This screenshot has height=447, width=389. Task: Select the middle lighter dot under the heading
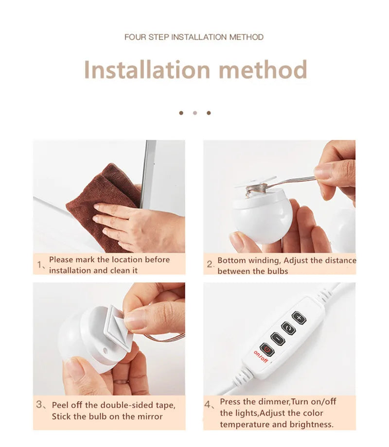(x=195, y=113)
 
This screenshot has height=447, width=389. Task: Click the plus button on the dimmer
(x=299, y=318)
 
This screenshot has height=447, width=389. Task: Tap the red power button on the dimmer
(x=267, y=348)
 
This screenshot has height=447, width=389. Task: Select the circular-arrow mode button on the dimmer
(x=288, y=328)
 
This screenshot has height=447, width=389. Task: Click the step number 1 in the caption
(x=40, y=265)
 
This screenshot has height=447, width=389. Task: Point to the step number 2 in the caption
(x=210, y=265)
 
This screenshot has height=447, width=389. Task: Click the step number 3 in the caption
(x=39, y=405)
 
